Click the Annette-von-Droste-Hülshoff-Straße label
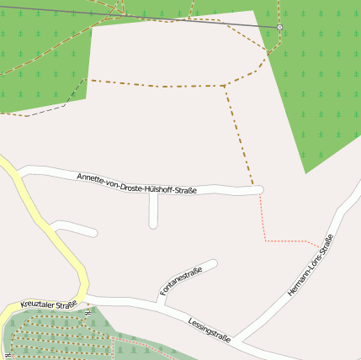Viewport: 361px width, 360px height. [x=136, y=183]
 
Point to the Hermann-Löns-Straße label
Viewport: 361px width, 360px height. [x=311, y=265]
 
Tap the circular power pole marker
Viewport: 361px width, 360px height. [x=279, y=28]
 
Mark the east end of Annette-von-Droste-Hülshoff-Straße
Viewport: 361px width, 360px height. [x=259, y=190]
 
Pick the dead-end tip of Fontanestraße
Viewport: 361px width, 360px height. [x=215, y=264]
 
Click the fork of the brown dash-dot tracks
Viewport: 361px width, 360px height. [x=225, y=86]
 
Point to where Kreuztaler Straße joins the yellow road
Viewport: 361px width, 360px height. [x=84, y=296]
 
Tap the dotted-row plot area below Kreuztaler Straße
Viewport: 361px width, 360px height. [x=59, y=336]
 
